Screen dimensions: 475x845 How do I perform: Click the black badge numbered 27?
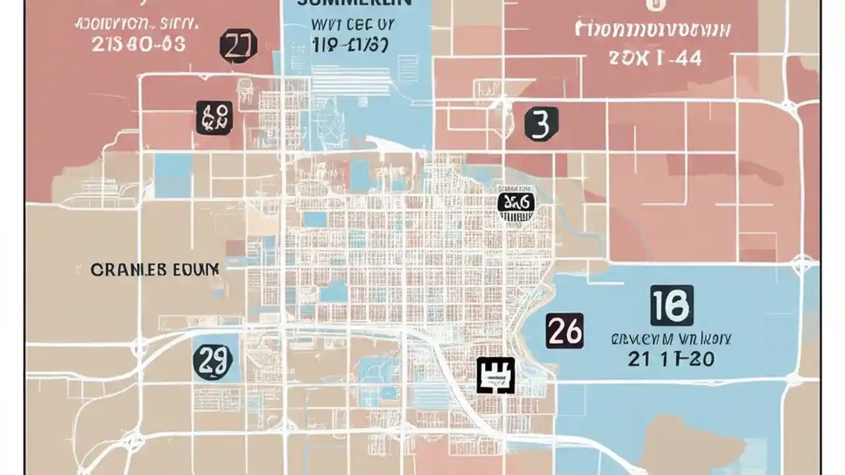click(x=238, y=46)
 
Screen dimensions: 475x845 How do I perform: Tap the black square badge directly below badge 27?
click(x=215, y=118)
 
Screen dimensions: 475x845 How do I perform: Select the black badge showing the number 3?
click(x=541, y=124)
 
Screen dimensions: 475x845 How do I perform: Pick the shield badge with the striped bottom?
click(x=516, y=206)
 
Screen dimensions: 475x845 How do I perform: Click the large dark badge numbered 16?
click(x=671, y=305)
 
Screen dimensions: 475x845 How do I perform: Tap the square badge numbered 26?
click(x=564, y=331)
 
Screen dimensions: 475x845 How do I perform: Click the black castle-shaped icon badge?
click(x=495, y=376)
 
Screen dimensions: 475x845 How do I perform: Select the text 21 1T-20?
click(x=671, y=360)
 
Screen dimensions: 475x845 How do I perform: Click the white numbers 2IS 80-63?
click(x=137, y=44)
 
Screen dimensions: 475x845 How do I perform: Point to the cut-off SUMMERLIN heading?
click(x=355, y=3)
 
